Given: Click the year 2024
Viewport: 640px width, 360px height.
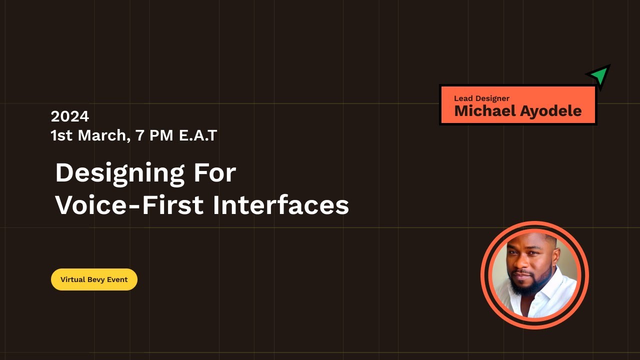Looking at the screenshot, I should click(x=69, y=116).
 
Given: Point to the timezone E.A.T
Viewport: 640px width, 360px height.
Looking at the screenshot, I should click(x=198, y=135).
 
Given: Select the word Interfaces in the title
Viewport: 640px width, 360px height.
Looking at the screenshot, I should click(x=280, y=205).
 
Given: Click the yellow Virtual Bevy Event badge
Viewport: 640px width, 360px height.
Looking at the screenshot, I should click(x=94, y=279).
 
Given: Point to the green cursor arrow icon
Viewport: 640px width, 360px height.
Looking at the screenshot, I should click(x=599, y=75).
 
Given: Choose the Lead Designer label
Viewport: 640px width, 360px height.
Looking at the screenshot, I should click(x=481, y=98).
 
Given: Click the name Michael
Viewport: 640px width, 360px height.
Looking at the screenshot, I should click(x=484, y=111).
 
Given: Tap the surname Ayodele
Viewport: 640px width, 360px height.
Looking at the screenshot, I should click(x=550, y=111).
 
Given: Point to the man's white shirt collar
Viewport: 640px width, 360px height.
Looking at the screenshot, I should click(x=550, y=287).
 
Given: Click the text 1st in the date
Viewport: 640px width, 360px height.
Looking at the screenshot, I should click(x=61, y=135).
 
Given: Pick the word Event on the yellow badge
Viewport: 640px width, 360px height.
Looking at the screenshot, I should click(x=117, y=279).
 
